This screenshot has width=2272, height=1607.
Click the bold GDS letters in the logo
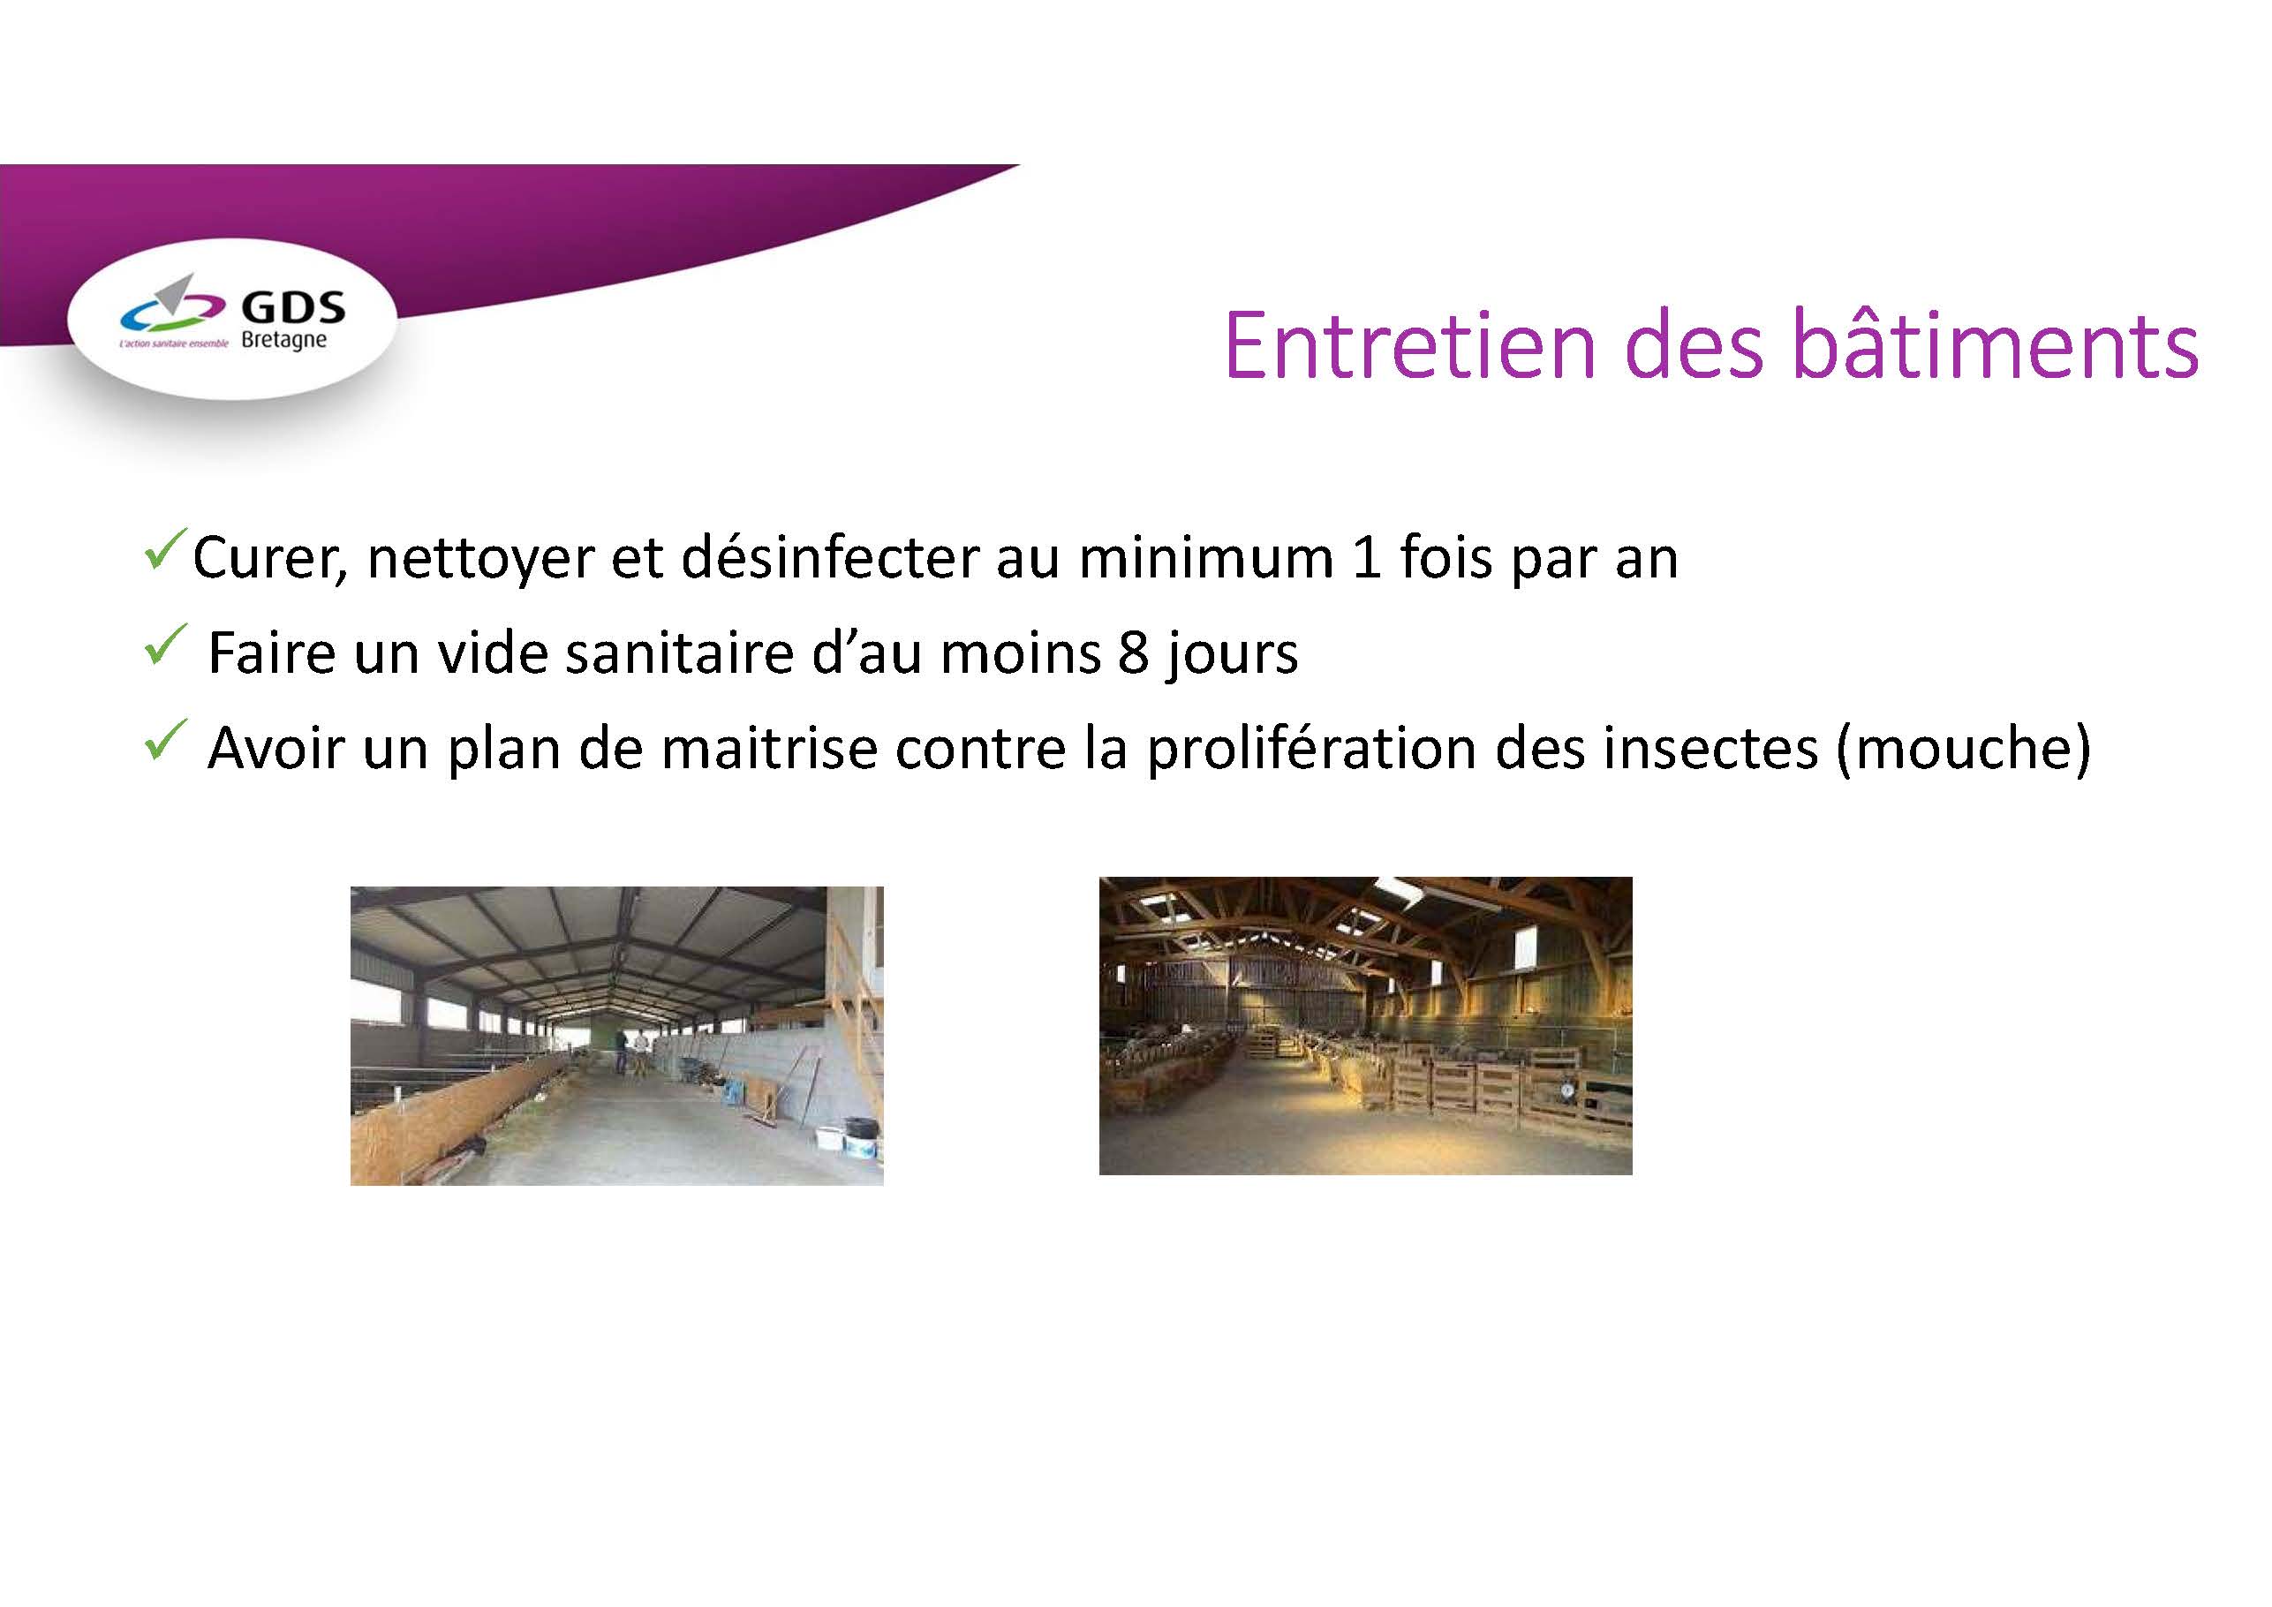click(294, 308)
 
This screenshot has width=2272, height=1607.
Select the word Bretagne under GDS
click(284, 342)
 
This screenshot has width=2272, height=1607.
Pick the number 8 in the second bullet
click(1133, 654)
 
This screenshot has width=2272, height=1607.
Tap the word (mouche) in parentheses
click(1963, 749)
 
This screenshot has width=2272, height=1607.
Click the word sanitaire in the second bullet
click(680, 654)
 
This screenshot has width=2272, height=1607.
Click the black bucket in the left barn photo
click(861, 1128)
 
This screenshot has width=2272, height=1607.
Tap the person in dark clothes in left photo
click(620, 1051)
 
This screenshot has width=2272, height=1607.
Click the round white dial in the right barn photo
click(1567, 1089)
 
